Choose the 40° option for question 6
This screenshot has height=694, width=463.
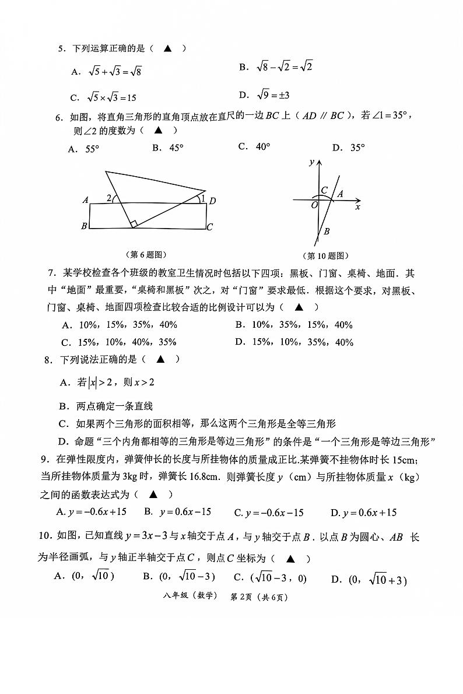point(254,147)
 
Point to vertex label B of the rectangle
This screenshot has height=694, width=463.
point(85,226)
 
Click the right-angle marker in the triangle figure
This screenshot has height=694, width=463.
point(134,224)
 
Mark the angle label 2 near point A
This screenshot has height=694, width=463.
point(109,198)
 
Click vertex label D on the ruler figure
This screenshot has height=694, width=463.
point(213,201)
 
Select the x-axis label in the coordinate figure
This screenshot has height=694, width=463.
point(357,207)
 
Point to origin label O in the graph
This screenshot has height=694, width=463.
point(314,205)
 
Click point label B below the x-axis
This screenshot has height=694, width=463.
point(327,232)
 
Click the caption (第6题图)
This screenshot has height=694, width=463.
point(146,254)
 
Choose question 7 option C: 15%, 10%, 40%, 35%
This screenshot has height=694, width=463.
point(119,342)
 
